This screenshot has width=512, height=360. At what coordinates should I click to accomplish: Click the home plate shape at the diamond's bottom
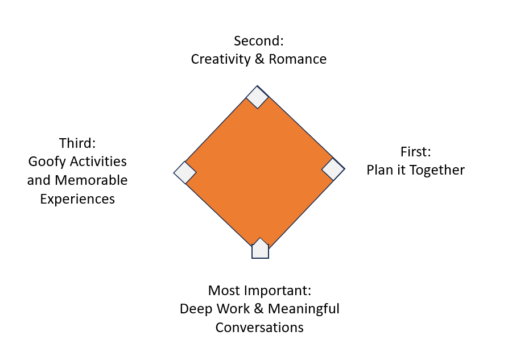260,249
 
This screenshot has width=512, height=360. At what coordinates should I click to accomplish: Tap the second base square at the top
257,97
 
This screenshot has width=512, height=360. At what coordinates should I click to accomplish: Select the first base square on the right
333,169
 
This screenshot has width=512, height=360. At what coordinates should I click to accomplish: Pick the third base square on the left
185,172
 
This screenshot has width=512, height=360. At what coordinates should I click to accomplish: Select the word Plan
379,170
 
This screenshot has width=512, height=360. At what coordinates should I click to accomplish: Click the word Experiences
77,199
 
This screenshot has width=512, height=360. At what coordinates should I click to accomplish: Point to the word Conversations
259,328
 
